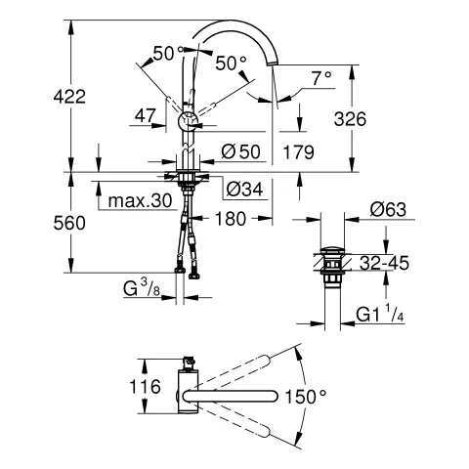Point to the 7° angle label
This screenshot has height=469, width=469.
(320, 76)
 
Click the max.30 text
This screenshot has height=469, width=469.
(140, 199)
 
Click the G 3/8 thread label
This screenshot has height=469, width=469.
(140, 290)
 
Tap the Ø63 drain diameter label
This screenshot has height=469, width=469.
(389, 208)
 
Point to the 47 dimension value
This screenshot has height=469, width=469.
(146, 115)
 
